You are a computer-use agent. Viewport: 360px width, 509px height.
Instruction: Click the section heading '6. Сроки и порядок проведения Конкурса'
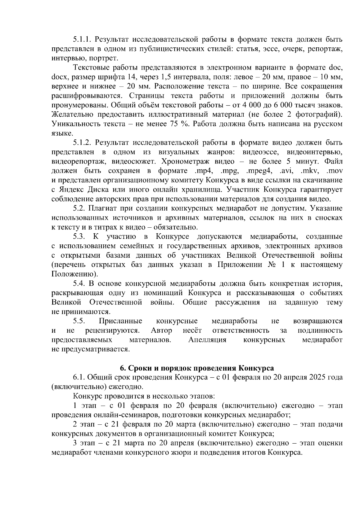[197, 368]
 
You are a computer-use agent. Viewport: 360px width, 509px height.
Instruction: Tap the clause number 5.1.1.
[82, 39]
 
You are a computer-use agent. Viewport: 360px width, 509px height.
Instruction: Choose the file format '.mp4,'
[202, 171]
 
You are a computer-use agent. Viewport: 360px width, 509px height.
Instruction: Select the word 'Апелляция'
[207, 340]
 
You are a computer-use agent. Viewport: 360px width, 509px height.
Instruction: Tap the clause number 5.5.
[79, 321]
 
